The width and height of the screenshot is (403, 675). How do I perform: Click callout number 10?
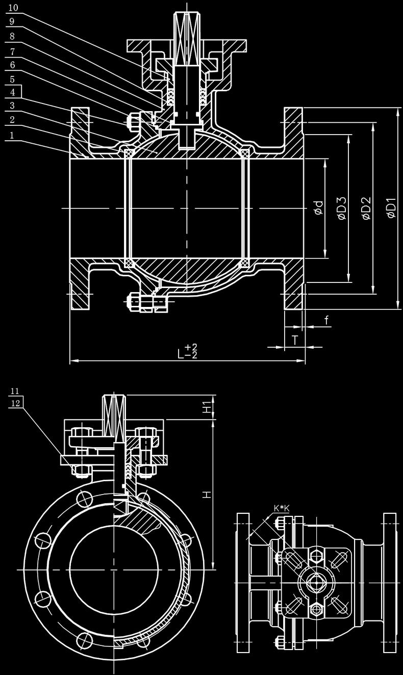point(14,8)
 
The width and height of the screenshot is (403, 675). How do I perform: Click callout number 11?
point(15,391)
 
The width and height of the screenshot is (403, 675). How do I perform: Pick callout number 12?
point(15,403)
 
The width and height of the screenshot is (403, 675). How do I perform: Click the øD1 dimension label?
point(392,208)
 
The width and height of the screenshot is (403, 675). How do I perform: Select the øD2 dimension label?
point(366,208)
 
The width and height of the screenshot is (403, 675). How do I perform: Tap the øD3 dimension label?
point(342,208)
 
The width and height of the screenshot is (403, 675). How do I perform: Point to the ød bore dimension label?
point(319,208)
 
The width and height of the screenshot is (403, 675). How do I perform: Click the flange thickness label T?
point(295,340)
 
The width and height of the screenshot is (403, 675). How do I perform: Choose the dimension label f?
point(326,320)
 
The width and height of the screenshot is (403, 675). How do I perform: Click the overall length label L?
point(181,354)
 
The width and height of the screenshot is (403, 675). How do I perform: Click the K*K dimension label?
point(282,508)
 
